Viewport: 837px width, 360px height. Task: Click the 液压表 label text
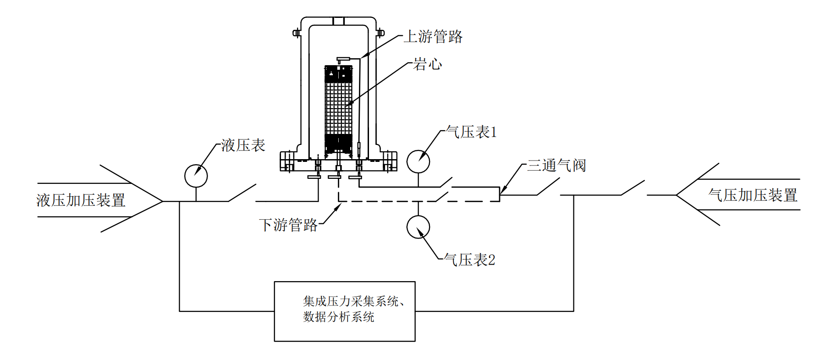tap(243, 146)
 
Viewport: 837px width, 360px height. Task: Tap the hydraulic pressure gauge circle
tap(196, 176)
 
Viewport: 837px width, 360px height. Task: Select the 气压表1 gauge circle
tap(418, 161)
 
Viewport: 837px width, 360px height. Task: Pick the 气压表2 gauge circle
tap(418, 227)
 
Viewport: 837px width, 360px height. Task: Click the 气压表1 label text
tap(471, 133)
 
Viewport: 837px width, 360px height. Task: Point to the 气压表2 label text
tap(470, 260)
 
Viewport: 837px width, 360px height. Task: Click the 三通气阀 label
tap(556, 166)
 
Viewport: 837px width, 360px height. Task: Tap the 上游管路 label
tap(433, 37)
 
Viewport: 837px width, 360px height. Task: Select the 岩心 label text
tap(428, 64)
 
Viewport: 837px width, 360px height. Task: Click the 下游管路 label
tap(288, 225)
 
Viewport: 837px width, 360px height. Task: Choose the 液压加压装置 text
tap(81, 200)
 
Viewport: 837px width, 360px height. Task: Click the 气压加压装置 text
tap(753, 195)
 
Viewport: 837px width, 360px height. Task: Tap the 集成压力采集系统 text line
tap(353, 301)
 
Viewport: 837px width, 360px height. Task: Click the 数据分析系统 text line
tap(338, 317)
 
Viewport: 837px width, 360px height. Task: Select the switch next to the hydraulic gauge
tap(242, 193)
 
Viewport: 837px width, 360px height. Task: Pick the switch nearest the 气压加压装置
tap(633, 188)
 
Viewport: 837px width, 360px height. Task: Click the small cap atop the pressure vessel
tap(338, 21)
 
